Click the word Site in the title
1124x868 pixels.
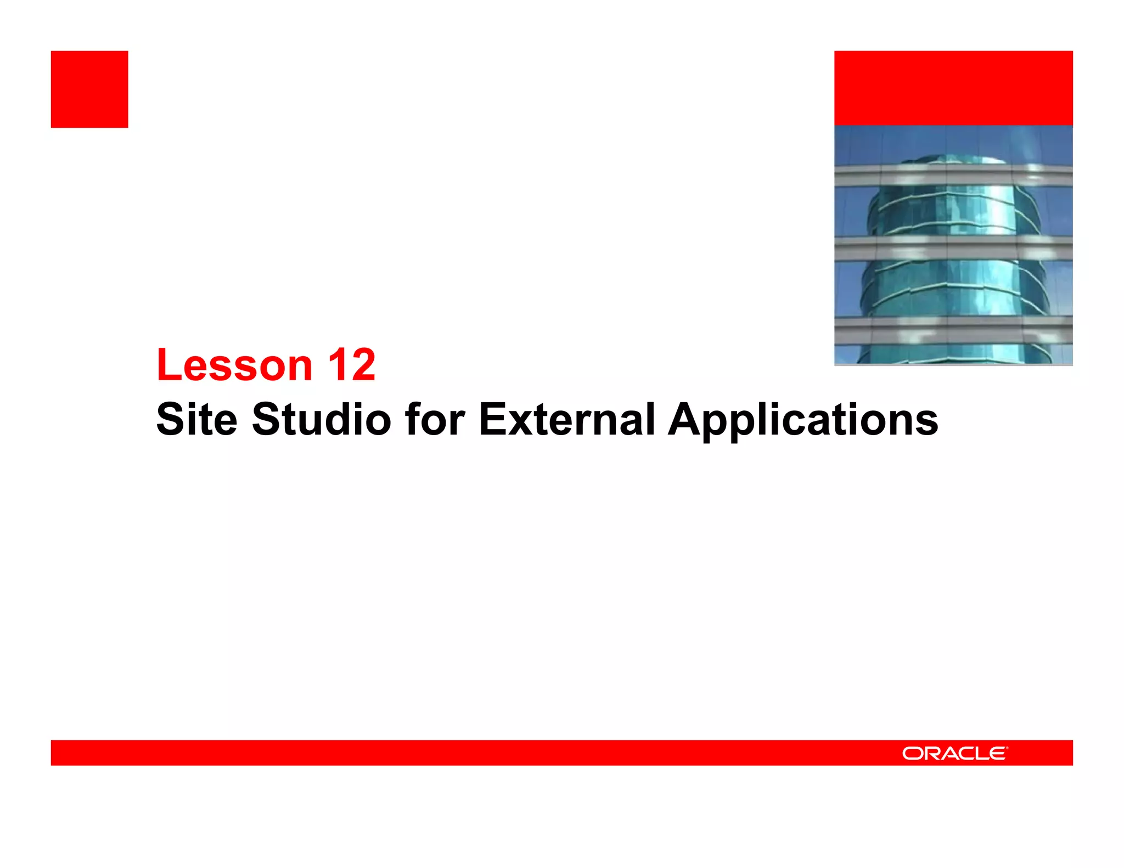pyautogui.click(x=197, y=420)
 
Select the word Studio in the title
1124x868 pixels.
pyautogui.click(x=321, y=420)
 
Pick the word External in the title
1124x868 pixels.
pyautogui.click(x=566, y=420)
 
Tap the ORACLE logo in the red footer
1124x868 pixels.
pyautogui.click(x=954, y=753)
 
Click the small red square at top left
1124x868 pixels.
pyautogui.click(x=89, y=89)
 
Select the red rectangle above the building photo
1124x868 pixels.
pyautogui.click(x=953, y=88)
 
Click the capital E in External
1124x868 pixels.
pyautogui.click(x=493, y=420)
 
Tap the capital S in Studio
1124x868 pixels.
pyautogui.click(x=266, y=420)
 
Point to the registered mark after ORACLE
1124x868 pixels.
pyautogui.click(x=1007, y=747)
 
